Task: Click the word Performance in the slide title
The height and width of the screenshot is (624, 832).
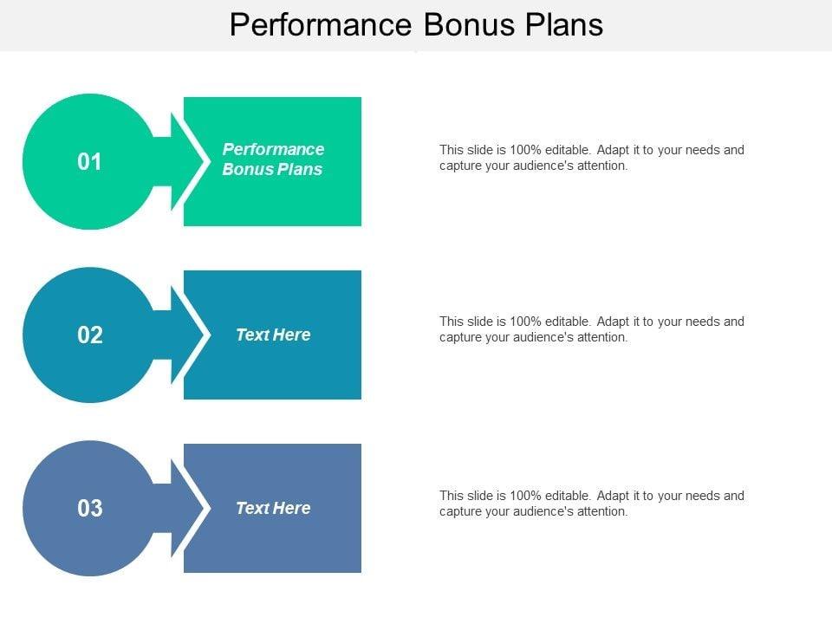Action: (x=321, y=25)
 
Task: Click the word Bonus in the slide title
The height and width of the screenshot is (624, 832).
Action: (x=469, y=25)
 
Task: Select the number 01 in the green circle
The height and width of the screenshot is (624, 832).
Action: (x=89, y=162)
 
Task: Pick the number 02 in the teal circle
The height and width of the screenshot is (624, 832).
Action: (x=89, y=335)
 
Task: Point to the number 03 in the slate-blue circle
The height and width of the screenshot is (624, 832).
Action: (x=89, y=509)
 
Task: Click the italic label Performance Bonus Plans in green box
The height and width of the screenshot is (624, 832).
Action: (x=273, y=159)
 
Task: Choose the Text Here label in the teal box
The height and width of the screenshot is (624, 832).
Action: (x=273, y=335)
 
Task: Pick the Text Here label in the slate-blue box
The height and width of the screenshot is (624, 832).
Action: (x=273, y=509)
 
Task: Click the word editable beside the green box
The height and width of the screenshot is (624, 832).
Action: (x=568, y=150)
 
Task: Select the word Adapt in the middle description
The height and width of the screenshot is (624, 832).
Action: (x=613, y=322)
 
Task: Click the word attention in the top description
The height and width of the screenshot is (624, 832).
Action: (x=602, y=166)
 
